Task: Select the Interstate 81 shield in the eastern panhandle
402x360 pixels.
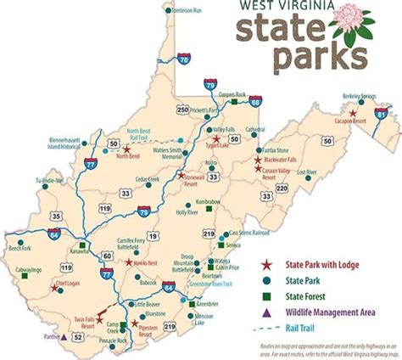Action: [x=382, y=113]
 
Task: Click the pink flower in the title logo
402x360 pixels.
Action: [x=347, y=20]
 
